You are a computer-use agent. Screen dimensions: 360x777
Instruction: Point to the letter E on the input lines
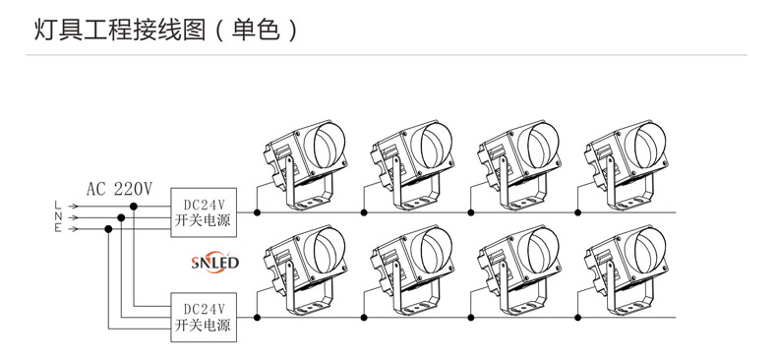(x=57, y=228)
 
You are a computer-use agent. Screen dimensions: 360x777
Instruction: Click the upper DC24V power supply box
(x=204, y=212)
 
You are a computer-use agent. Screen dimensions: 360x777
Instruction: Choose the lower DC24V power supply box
(x=204, y=316)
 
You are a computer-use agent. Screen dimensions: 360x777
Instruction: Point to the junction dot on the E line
(x=109, y=228)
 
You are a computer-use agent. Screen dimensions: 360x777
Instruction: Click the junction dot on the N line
(x=122, y=216)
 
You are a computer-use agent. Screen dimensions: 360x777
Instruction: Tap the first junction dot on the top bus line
(x=258, y=211)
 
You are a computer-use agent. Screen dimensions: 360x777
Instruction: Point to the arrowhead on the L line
(x=73, y=205)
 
